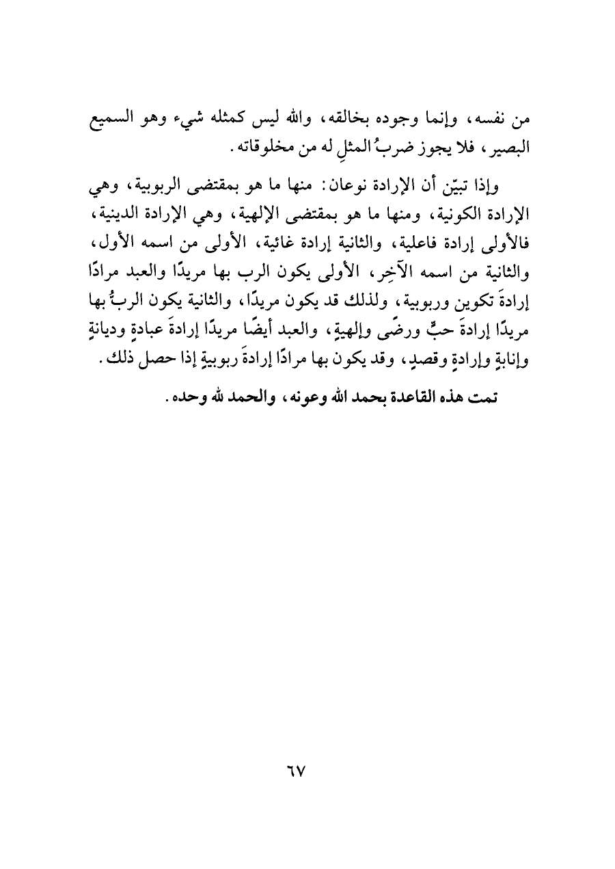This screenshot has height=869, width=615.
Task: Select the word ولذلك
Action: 342,293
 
